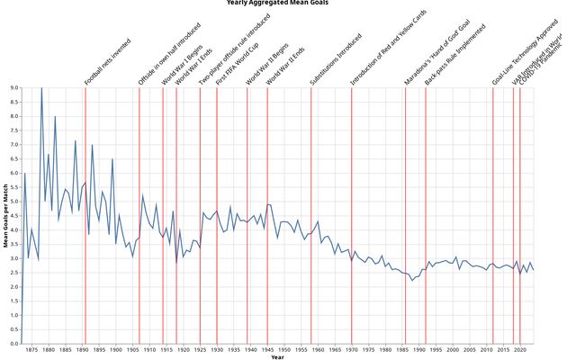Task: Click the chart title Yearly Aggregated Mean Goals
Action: [x=277, y=4]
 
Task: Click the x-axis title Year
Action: [x=277, y=357]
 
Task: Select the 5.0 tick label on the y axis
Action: [x=13, y=202]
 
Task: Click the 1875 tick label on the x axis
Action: [x=31, y=350]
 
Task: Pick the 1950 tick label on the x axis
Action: [x=283, y=350]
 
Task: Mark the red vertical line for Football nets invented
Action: [x=85, y=216]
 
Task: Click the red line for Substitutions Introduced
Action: [x=311, y=216]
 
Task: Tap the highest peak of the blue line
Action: [x=40, y=88]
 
